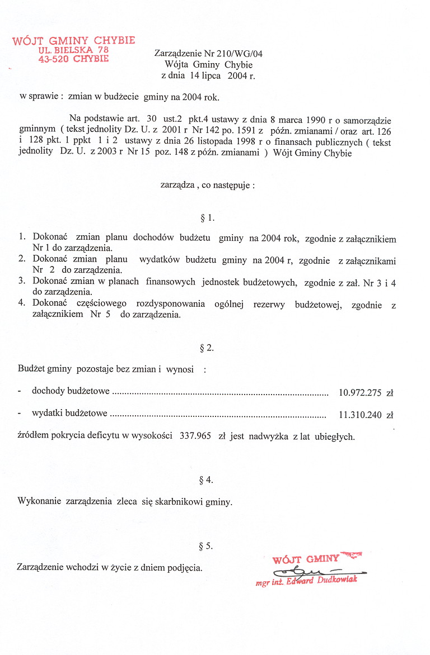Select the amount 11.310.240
[x=359, y=415]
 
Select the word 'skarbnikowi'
[x=179, y=501]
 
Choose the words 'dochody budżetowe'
[x=71, y=391]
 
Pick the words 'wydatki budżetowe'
[x=69, y=414]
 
